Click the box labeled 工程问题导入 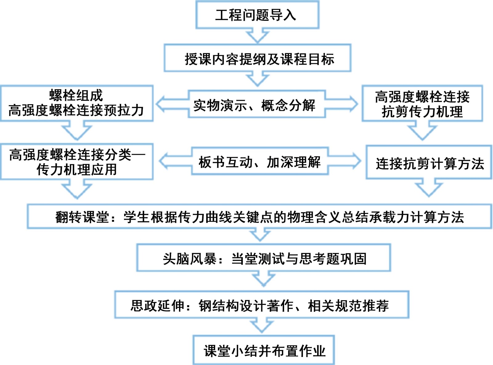click(257, 15)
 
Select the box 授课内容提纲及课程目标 click(258, 59)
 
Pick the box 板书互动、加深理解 click(259, 162)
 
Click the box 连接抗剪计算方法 click(429, 163)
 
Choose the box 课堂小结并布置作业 click(264, 350)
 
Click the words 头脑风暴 click(190, 259)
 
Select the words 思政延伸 click(157, 306)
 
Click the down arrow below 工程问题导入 click(257, 36)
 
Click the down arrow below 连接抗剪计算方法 click(429, 188)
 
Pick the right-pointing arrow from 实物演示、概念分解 click(342, 104)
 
